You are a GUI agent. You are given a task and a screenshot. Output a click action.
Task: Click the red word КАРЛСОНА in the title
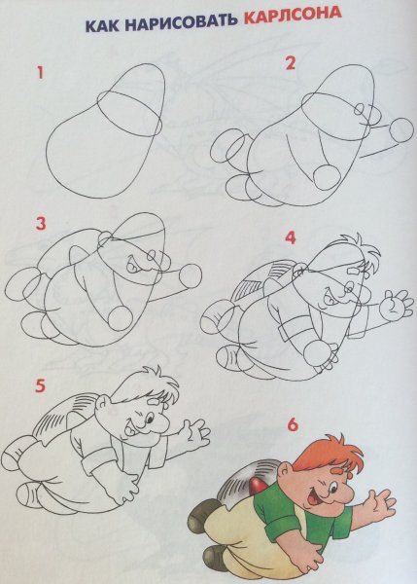[x=293, y=18]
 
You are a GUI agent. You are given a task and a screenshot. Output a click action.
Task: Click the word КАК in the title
[x=102, y=26]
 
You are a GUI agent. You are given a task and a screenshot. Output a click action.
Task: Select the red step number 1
[x=40, y=72]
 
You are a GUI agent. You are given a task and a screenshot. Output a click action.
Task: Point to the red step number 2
[x=291, y=63]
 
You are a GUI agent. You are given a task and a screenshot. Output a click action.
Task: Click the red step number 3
[x=41, y=224]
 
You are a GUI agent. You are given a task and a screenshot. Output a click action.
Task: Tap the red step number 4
[x=291, y=237]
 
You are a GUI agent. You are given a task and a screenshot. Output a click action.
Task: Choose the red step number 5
[x=40, y=385]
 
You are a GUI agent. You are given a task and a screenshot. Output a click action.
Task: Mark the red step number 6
[x=293, y=425]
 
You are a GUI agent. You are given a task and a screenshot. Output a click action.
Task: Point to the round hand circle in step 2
[x=401, y=130]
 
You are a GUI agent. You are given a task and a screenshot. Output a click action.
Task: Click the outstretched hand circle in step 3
[x=191, y=276]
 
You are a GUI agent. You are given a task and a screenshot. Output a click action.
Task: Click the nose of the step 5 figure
[x=160, y=422]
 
